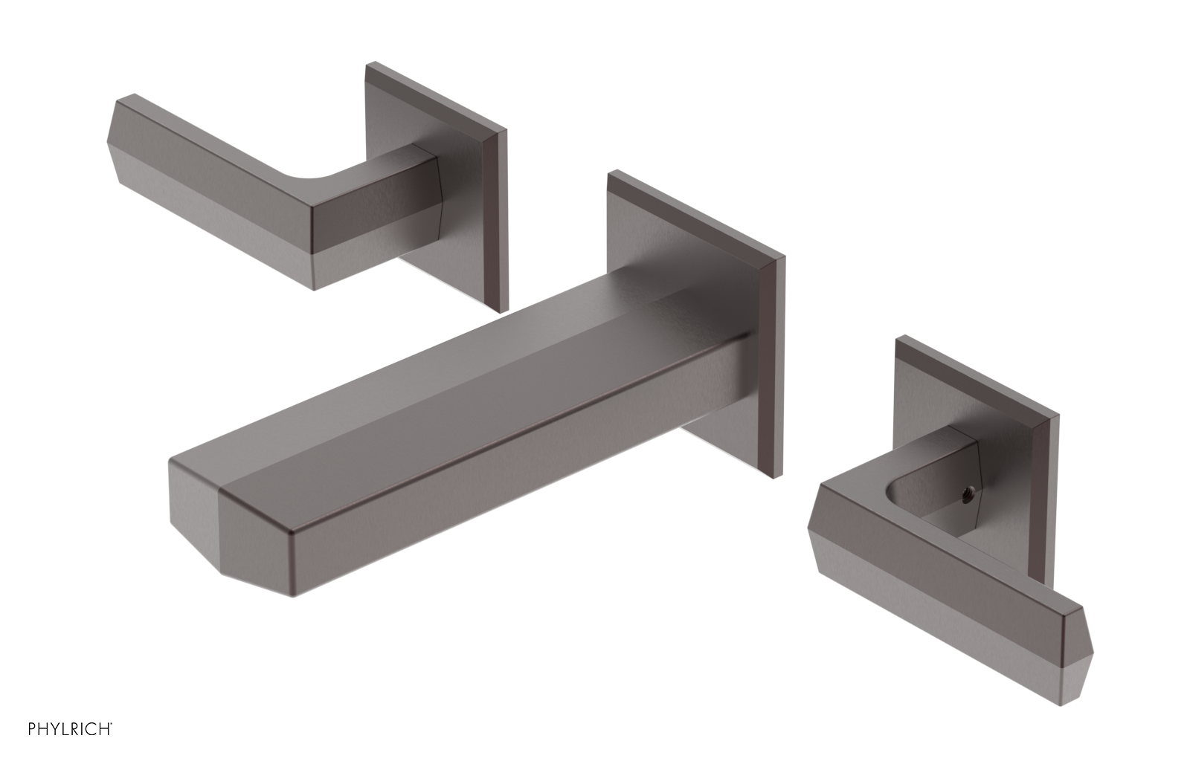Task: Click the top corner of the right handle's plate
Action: pos(898,340)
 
